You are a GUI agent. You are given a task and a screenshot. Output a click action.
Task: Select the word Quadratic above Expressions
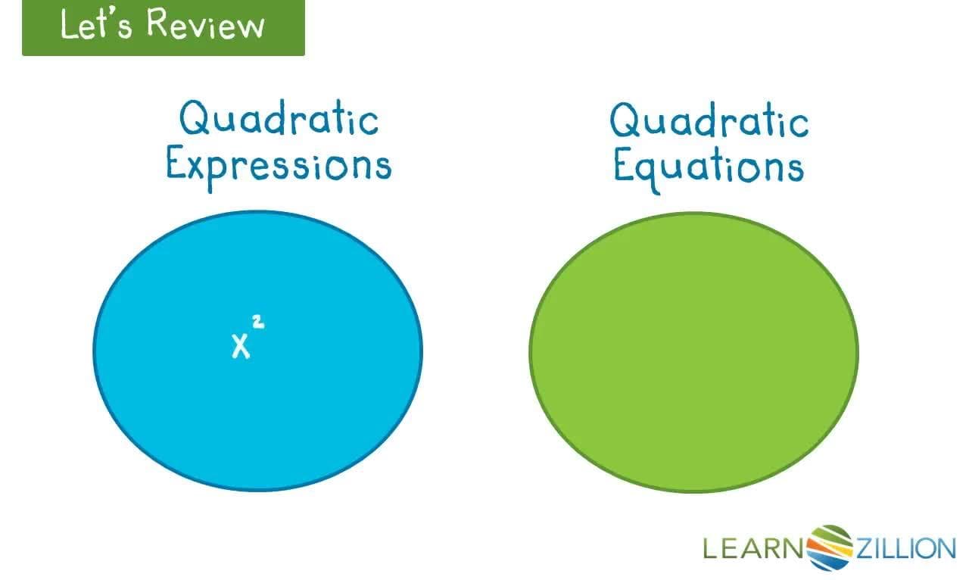(x=279, y=120)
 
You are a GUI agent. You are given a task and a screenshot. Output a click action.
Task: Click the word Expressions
(x=279, y=165)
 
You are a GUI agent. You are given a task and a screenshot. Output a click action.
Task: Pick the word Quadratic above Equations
(x=709, y=122)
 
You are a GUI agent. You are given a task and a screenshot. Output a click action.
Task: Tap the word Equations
(x=709, y=167)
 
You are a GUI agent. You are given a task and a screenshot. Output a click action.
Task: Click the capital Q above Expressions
(x=194, y=119)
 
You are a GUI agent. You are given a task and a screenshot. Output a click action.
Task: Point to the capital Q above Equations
(x=625, y=121)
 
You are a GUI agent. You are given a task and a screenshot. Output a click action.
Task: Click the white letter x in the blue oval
(x=241, y=346)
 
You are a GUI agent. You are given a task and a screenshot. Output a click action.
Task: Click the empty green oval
(x=693, y=352)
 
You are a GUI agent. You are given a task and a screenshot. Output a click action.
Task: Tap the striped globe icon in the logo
(x=830, y=547)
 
